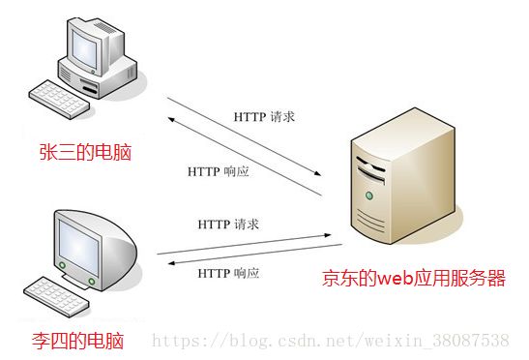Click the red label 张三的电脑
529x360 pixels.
click(85, 152)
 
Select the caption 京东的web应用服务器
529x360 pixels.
click(414, 279)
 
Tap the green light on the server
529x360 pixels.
click(368, 196)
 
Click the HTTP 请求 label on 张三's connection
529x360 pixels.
click(264, 117)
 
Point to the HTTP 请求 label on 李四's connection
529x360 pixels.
click(228, 225)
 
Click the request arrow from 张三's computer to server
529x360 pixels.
click(242, 135)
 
